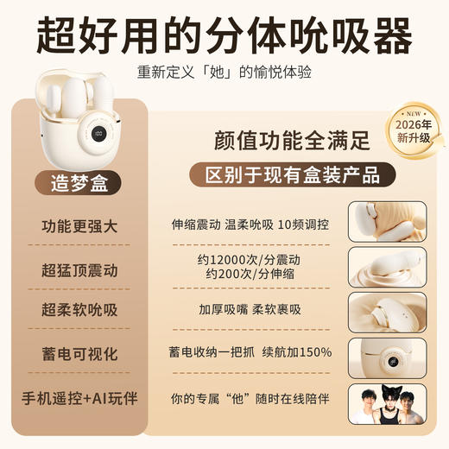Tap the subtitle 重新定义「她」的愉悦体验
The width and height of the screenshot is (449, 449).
coord(224,73)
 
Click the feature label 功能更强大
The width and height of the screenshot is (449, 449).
coord(79,226)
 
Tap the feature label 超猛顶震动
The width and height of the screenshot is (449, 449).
coord(79,269)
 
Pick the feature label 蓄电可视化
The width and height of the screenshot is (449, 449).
coord(79,355)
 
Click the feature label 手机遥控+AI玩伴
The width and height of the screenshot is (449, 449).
coord(79,398)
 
